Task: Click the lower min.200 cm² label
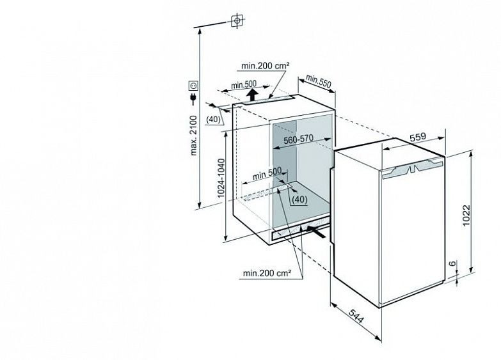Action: click(267, 274)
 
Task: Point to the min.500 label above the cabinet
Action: click(243, 85)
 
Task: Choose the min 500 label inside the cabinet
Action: click(267, 173)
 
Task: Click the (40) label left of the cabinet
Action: click(214, 120)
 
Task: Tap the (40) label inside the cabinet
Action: click(299, 200)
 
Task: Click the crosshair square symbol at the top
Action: click(237, 20)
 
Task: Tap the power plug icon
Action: click(192, 98)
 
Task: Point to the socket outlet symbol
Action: click(192, 84)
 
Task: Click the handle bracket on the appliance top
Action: click(413, 169)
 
